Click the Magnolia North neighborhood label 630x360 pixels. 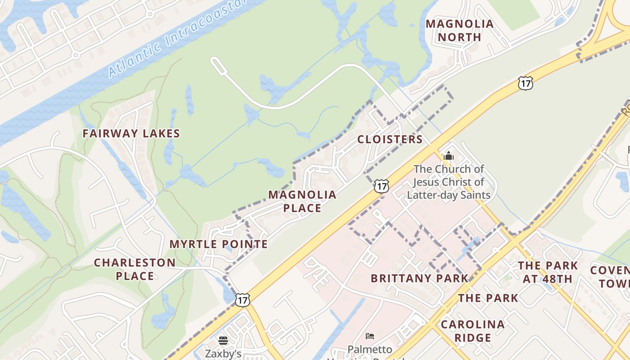point(459,31)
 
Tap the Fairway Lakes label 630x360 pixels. point(131,134)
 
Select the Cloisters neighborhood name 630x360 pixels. point(390,139)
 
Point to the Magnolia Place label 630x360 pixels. point(302,201)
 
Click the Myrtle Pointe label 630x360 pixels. point(219,244)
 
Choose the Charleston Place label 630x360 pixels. point(135,269)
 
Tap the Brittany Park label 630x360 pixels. point(419,278)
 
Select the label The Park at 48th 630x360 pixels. point(547,272)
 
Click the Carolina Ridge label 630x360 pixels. point(472,331)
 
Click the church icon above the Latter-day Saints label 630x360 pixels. point(448,156)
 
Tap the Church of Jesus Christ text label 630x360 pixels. point(449,182)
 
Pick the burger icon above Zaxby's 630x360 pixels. point(223,340)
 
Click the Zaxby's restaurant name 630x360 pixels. point(223,354)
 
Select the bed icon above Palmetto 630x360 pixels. point(370,336)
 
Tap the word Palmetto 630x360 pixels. point(370,349)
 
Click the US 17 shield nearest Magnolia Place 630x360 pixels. point(382,186)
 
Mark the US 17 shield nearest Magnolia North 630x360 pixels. point(525,83)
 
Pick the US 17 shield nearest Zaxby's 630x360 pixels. point(242,299)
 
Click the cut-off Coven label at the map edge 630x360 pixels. point(610,276)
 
